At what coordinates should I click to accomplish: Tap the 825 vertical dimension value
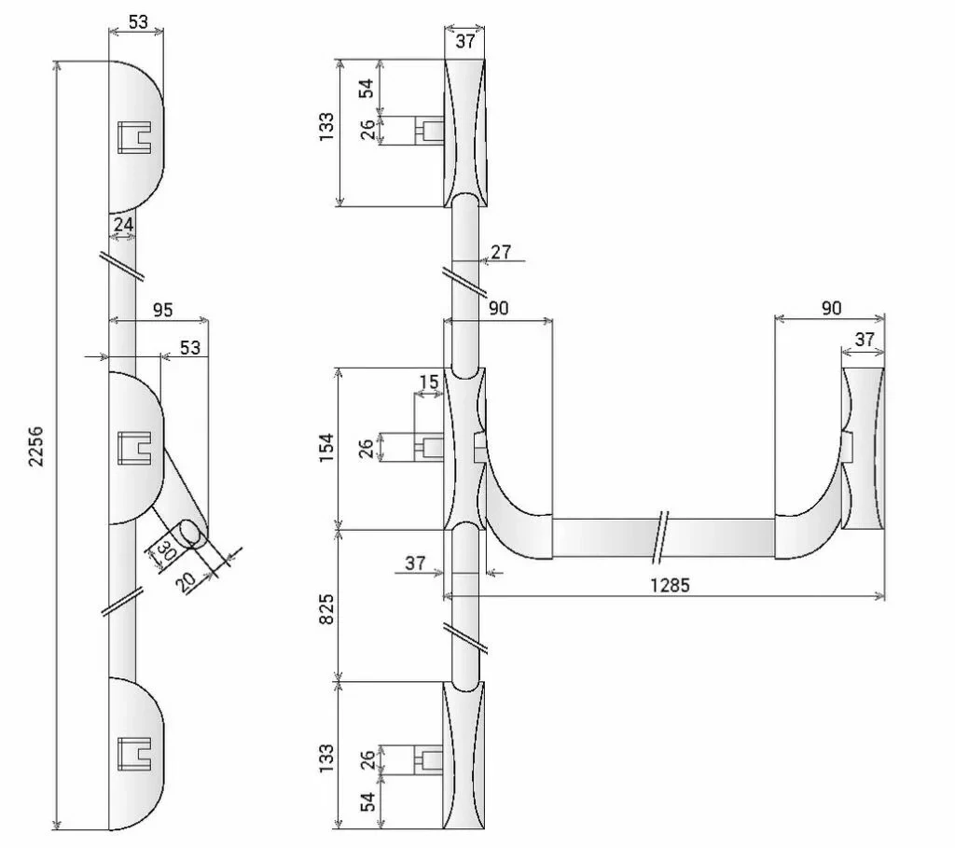[327, 605]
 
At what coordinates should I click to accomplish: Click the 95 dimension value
[162, 311]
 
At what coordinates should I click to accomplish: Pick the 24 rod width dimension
[123, 225]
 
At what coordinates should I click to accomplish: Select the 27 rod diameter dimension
[501, 251]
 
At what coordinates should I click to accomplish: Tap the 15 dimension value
[428, 382]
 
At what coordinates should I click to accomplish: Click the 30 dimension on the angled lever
[168, 549]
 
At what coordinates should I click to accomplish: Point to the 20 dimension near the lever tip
[187, 580]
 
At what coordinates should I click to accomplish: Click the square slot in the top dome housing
[136, 136]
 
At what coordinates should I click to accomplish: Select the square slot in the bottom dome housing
[136, 753]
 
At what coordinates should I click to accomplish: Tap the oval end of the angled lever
[196, 533]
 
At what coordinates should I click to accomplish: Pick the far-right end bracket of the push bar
[863, 448]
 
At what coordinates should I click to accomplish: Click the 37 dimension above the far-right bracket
[865, 340]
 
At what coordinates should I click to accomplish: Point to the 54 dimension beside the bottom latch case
[368, 801]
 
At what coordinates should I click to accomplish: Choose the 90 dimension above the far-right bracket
[830, 308]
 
